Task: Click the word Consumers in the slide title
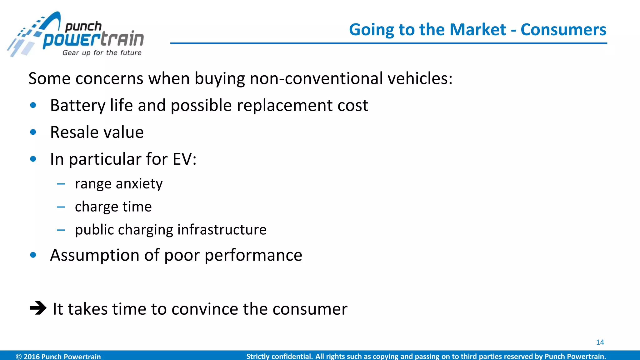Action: [x=563, y=30]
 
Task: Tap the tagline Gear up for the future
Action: [x=102, y=53]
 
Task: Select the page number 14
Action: [x=600, y=342]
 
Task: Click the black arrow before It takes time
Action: [x=38, y=308]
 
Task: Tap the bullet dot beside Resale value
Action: [x=33, y=132]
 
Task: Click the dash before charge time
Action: [x=61, y=207]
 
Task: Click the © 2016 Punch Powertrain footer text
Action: [x=58, y=356]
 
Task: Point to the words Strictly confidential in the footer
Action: [x=279, y=356]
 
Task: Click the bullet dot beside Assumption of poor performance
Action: [x=33, y=255]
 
